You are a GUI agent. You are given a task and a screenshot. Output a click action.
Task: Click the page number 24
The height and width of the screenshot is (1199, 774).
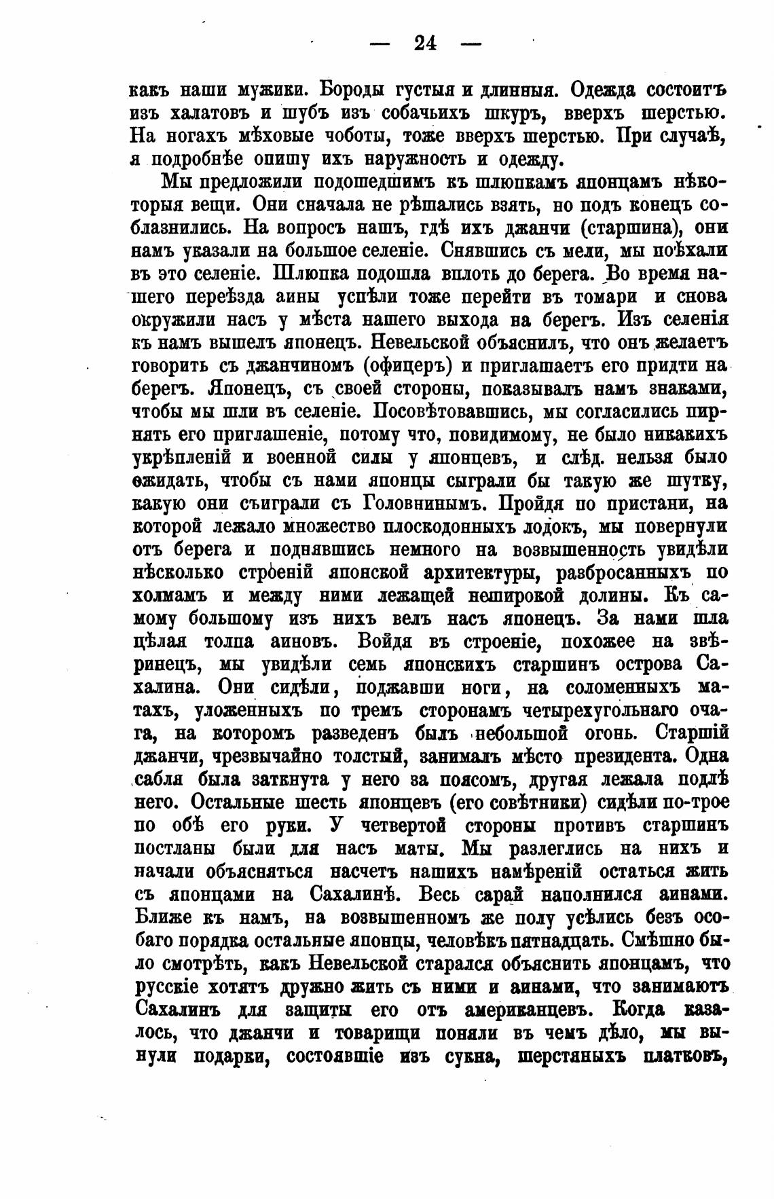coord(424,43)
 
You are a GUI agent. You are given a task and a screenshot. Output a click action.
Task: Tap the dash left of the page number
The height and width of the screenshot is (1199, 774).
coord(380,44)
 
